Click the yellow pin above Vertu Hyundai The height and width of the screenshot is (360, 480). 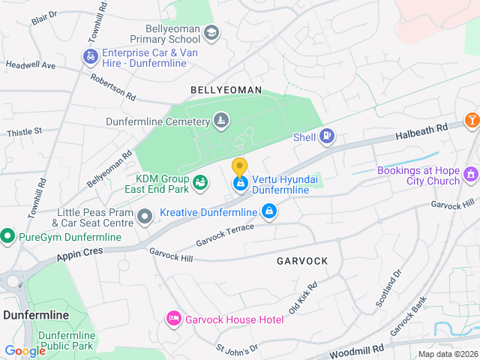pos(239,167)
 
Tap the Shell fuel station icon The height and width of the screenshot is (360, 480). pos(327,136)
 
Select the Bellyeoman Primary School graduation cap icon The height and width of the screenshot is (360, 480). pos(211,32)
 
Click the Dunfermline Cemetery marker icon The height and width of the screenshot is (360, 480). pos(220,120)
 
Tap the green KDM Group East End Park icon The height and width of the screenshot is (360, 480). pos(200,181)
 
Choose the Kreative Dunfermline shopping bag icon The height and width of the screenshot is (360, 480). pos(268,213)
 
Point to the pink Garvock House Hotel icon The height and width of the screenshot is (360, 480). pos(174,319)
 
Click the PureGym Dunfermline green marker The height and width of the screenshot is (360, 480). pos(7,237)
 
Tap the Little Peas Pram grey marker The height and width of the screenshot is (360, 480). pos(145,217)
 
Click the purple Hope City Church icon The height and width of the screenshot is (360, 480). pos(471,175)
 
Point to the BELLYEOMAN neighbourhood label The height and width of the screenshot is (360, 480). pos(226,90)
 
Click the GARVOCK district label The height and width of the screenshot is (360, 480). pos(302,261)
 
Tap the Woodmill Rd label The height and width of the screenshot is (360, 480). pos(358,350)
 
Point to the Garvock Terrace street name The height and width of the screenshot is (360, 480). pos(225,235)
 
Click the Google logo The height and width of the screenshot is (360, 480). pos(25,350)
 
